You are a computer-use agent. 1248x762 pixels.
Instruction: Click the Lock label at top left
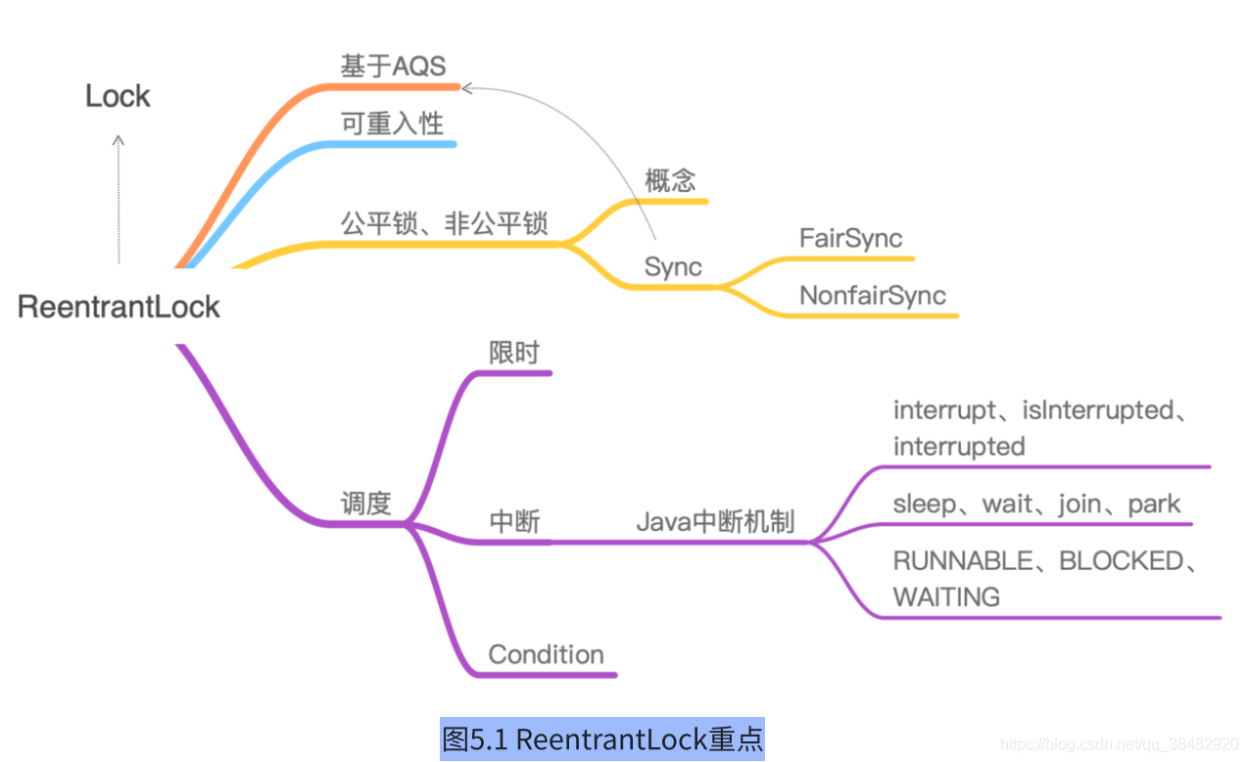tap(118, 96)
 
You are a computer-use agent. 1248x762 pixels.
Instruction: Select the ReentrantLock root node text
tap(119, 307)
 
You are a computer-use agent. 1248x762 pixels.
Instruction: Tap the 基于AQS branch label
tap(393, 67)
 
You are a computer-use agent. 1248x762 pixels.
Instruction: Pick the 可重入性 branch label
tap(392, 123)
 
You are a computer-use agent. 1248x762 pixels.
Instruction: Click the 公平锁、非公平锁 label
tap(444, 224)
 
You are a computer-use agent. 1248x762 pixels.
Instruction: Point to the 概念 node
tap(670, 181)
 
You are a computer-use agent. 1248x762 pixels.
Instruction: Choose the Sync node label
tap(673, 267)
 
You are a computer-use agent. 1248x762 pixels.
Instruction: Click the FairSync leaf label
tap(850, 238)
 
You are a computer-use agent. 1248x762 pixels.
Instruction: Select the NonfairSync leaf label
tap(872, 296)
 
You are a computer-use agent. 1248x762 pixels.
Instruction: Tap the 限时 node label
tap(514, 353)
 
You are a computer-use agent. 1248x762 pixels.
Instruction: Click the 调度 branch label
tap(365, 504)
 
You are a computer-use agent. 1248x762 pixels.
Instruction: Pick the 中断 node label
tap(514, 522)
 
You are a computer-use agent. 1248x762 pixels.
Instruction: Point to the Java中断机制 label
tap(715, 522)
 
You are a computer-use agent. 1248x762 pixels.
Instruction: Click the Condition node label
tap(546, 654)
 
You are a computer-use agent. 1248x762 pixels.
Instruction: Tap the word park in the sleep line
tap(1154, 504)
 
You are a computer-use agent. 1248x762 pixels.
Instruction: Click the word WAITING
tap(946, 596)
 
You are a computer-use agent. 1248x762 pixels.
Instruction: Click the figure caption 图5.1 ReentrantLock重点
tap(602, 738)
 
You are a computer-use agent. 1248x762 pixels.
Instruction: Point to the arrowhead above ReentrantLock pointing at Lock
tap(119, 140)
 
